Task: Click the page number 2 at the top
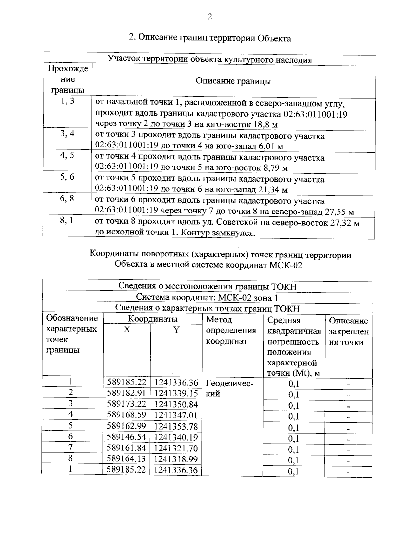pos(210,17)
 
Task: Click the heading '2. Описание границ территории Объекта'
pos(210,38)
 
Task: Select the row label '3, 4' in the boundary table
pos(67,134)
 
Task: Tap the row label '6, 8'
pos(67,198)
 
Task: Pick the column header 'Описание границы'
pos(233,81)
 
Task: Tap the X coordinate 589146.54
pos(127,437)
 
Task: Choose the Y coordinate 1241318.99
pos(176,459)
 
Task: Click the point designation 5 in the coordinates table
pos(70,426)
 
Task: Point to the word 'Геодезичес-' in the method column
pos(230,383)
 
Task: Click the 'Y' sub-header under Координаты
pos(176,330)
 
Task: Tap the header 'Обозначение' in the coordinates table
pos(72,318)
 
